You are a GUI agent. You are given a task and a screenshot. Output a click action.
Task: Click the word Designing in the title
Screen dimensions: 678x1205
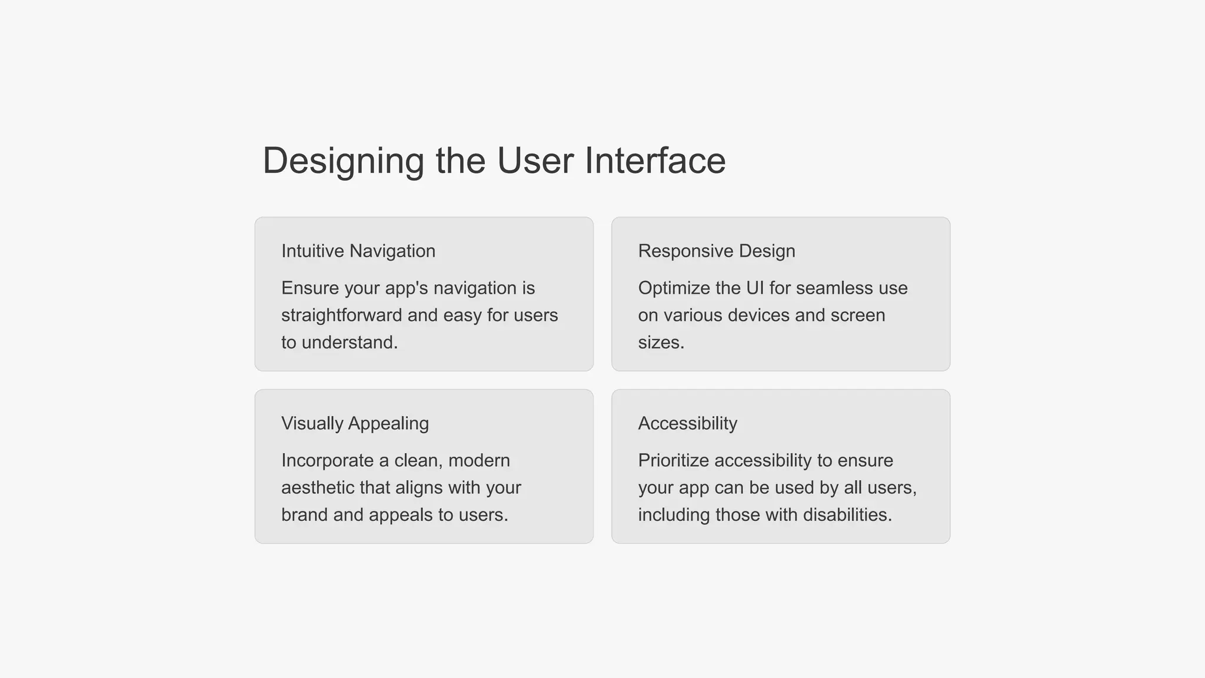pyautogui.click(x=344, y=161)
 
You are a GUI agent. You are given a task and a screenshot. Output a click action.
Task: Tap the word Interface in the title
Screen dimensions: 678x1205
pyautogui.click(x=655, y=161)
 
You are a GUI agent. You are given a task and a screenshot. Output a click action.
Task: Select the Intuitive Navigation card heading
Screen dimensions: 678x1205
pyautogui.click(x=358, y=251)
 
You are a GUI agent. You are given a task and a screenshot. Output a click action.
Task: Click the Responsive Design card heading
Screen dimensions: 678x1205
pyautogui.click(x=716, y=251)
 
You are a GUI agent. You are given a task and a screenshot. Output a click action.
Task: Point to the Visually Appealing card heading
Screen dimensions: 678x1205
pyautogui.click(x=355, y=424)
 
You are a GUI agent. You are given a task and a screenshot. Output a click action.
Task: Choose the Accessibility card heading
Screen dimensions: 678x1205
pyautogui.click(x=687, y=424)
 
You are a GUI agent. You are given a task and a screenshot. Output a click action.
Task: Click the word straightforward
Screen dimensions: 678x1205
pyautogui.click(x=341, y=315)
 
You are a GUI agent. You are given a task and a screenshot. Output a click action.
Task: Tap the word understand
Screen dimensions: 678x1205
pyautogui.click(x=349, y=343)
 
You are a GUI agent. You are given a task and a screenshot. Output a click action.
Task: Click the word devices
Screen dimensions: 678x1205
pyautogui.click(x=758, y=315)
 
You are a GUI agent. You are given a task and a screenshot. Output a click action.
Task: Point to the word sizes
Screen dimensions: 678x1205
pyautogui.click(x=661, y=343)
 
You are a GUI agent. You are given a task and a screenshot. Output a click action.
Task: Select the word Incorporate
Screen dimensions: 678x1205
pyautogui.click(x=327, y=461)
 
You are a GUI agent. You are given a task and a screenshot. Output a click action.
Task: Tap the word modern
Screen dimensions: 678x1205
pyautogui.click(x=479, y=461)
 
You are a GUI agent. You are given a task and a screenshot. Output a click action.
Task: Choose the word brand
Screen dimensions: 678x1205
pyautogui.click(x=304, y=515)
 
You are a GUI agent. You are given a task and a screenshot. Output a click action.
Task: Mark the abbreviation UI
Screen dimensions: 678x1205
pyautogui.click(x=755, y=288)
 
